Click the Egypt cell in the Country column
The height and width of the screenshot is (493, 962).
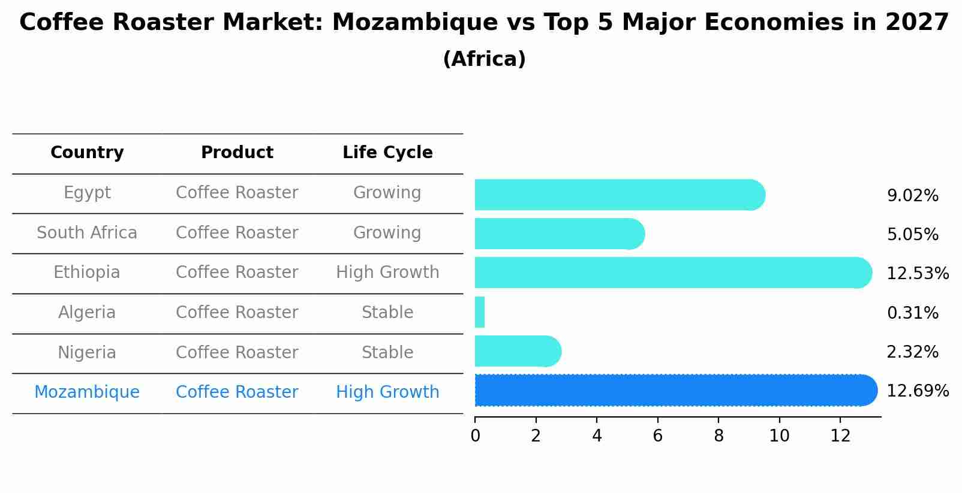coord(87,193)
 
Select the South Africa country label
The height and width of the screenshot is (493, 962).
coord(87,233)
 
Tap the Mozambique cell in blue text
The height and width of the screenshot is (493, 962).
coord(87,392)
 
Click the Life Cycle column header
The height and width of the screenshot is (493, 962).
coord(387,153)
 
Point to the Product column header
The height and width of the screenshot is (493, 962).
coord(237,153)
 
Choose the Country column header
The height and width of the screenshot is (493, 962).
coord(87,153)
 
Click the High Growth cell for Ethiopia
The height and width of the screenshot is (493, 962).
coord(387,273)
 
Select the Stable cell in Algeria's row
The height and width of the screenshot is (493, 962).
coord(387,313)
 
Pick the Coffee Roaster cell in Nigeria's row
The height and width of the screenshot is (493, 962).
coord(237,353)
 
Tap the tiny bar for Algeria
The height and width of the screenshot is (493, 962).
coord(480,312)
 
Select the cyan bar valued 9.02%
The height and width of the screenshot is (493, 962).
coord(618,195)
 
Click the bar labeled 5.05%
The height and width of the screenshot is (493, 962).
coord(558,234)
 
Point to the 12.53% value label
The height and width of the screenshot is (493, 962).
coord(918,274)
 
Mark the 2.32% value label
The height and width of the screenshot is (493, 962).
coord(912,352)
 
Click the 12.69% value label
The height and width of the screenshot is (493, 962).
coord(918,391)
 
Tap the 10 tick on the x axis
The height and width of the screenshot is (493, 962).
coord(779,436)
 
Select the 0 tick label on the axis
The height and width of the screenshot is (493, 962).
coord(475,436)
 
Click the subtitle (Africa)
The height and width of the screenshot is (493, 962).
coord(484,59)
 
